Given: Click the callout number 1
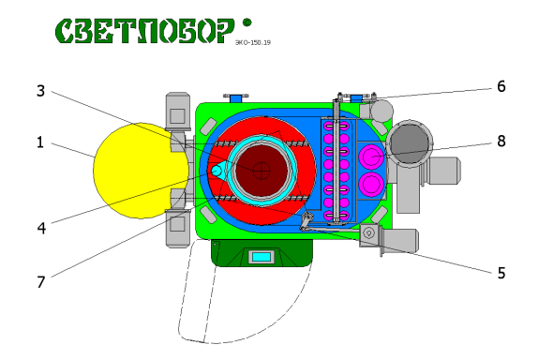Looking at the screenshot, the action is [40, 143].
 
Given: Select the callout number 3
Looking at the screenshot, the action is [40, 91].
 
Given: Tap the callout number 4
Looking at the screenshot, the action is [40, 225].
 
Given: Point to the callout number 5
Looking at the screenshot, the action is [502, 273].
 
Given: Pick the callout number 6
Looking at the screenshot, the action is [502, 86].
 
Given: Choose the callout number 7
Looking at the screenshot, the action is [40, 279].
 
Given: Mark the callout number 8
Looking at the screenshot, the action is [502, 142].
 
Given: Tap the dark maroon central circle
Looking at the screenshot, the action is [261, 170].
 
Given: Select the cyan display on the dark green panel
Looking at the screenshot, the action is [262, 256].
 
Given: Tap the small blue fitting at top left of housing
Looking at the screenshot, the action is [233, 97].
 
